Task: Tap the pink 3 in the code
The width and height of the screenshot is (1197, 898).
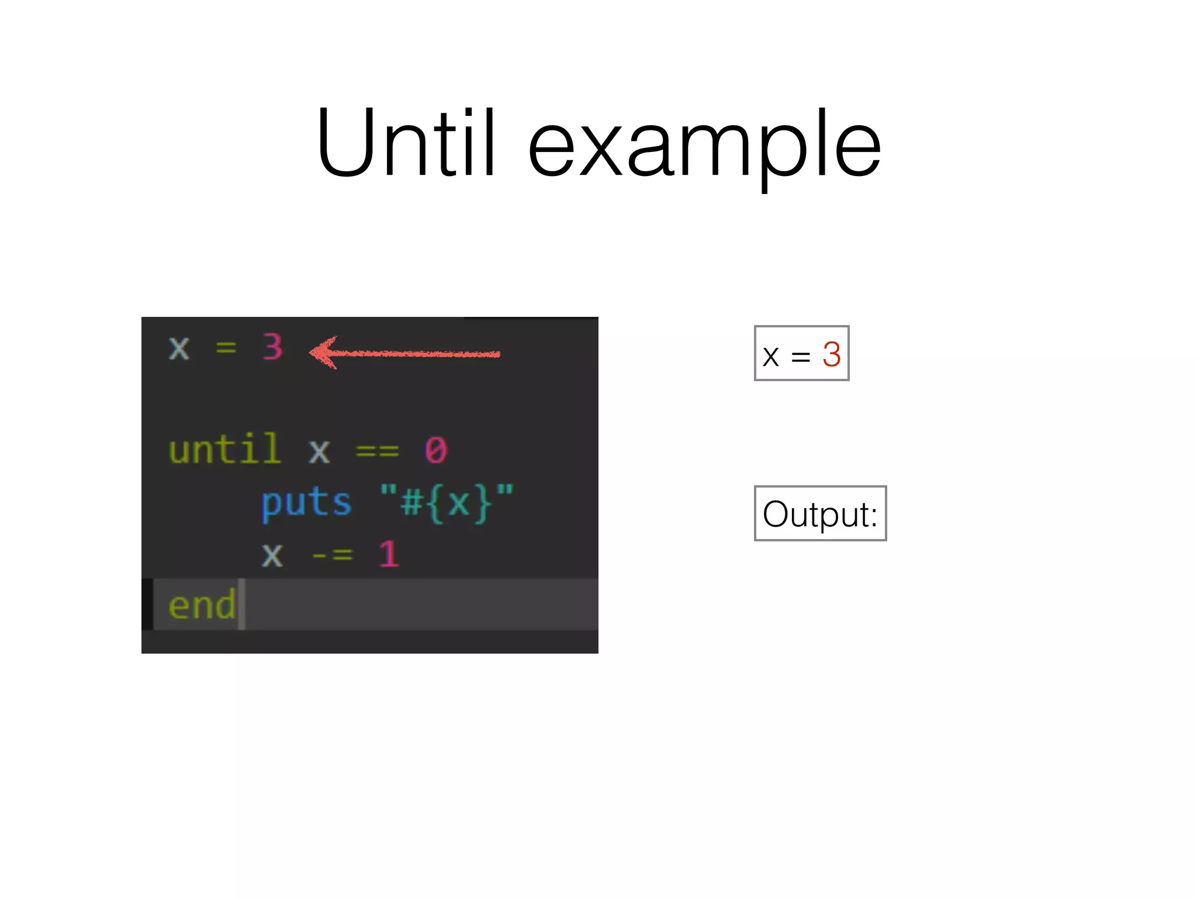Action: pos(272,347)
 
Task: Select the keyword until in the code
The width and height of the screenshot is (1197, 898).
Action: pos(224,450)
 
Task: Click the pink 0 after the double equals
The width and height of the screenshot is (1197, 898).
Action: pos(436,450)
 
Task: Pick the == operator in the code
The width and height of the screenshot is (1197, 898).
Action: pos(377,451)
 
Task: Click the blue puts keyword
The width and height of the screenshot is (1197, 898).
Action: pos(306,503)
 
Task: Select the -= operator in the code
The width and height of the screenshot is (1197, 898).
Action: pos(332,554)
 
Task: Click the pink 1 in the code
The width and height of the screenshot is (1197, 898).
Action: pos(389,554)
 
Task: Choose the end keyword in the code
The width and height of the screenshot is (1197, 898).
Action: pos(202,605)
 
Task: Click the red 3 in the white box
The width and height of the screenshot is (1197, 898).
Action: pos(831,354)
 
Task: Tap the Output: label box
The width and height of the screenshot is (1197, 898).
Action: pos(820,513)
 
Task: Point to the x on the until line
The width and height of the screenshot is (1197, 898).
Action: pos(319,451)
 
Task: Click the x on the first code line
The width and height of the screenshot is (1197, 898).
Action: pos(179,348)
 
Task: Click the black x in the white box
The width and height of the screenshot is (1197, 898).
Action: pos(771,356)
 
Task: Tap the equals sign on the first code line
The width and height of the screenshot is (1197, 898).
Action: pos(226,348)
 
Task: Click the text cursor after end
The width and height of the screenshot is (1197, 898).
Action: pos(241,605)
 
